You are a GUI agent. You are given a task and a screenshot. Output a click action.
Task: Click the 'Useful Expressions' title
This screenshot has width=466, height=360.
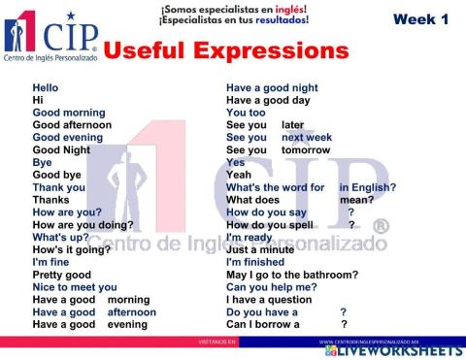(x=224, y=50)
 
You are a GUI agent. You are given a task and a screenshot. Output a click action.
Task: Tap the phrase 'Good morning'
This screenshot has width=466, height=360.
(x=69, y=113)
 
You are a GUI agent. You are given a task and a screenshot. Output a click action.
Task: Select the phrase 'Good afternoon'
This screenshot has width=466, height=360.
(x=72, y=125)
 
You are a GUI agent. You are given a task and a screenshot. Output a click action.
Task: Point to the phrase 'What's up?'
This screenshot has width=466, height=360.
(x=61, y=237)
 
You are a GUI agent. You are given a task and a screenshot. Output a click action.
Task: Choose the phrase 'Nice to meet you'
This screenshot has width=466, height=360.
(x=75, y=287)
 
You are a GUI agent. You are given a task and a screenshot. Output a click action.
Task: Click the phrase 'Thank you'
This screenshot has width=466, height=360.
(x=58, y=187)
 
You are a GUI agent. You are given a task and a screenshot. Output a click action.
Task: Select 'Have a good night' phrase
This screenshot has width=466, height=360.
(x=272, y=88)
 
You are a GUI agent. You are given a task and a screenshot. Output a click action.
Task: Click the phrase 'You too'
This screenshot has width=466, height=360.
(x=246, y=113)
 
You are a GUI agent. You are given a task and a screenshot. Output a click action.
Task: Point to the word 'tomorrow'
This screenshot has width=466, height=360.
(x=306, y=150)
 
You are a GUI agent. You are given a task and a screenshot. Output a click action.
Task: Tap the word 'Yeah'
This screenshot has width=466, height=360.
(x=239, y=175)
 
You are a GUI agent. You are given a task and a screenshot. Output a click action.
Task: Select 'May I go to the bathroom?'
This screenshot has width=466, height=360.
(x=291, y=275)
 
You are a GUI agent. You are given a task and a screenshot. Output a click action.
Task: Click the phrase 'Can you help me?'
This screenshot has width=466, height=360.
(x=271, y=287)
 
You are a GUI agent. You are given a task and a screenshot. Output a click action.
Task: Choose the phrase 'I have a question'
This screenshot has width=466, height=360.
(x=269, y=300)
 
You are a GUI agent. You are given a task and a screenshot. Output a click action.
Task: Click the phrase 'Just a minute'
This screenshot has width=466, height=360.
(x=260, y=249)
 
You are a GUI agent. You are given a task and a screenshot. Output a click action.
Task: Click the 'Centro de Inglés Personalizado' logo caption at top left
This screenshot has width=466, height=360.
(x=50, y=60)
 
